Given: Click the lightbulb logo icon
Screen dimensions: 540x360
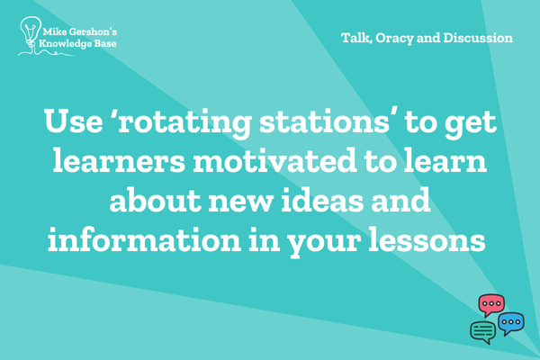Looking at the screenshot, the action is click(31, 33).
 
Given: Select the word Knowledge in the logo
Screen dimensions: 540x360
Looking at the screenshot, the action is click(63, 44).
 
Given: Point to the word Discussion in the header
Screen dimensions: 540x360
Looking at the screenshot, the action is click(478, 38).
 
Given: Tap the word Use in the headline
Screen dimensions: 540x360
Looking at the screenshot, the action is click(74, 121).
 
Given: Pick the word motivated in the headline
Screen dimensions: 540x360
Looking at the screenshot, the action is click(274, 161).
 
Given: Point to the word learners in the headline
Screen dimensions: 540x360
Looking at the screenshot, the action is click(119, 161).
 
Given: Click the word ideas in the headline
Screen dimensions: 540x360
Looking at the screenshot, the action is click(322, 200).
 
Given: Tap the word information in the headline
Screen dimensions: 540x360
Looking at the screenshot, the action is click(144, 239).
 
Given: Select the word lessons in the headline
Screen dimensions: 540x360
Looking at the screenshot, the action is click(427, 239).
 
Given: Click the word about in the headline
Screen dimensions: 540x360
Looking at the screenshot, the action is click(156, 200).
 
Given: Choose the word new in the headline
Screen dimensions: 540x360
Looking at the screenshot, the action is click(240, 203).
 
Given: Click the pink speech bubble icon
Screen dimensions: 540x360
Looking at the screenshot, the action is click(491, 305).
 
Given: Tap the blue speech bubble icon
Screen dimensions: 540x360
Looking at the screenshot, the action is click(511, 323).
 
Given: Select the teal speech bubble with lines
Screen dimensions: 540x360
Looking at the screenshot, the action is click(483, 332).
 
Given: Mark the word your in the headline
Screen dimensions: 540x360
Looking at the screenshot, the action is click(324, 243).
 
